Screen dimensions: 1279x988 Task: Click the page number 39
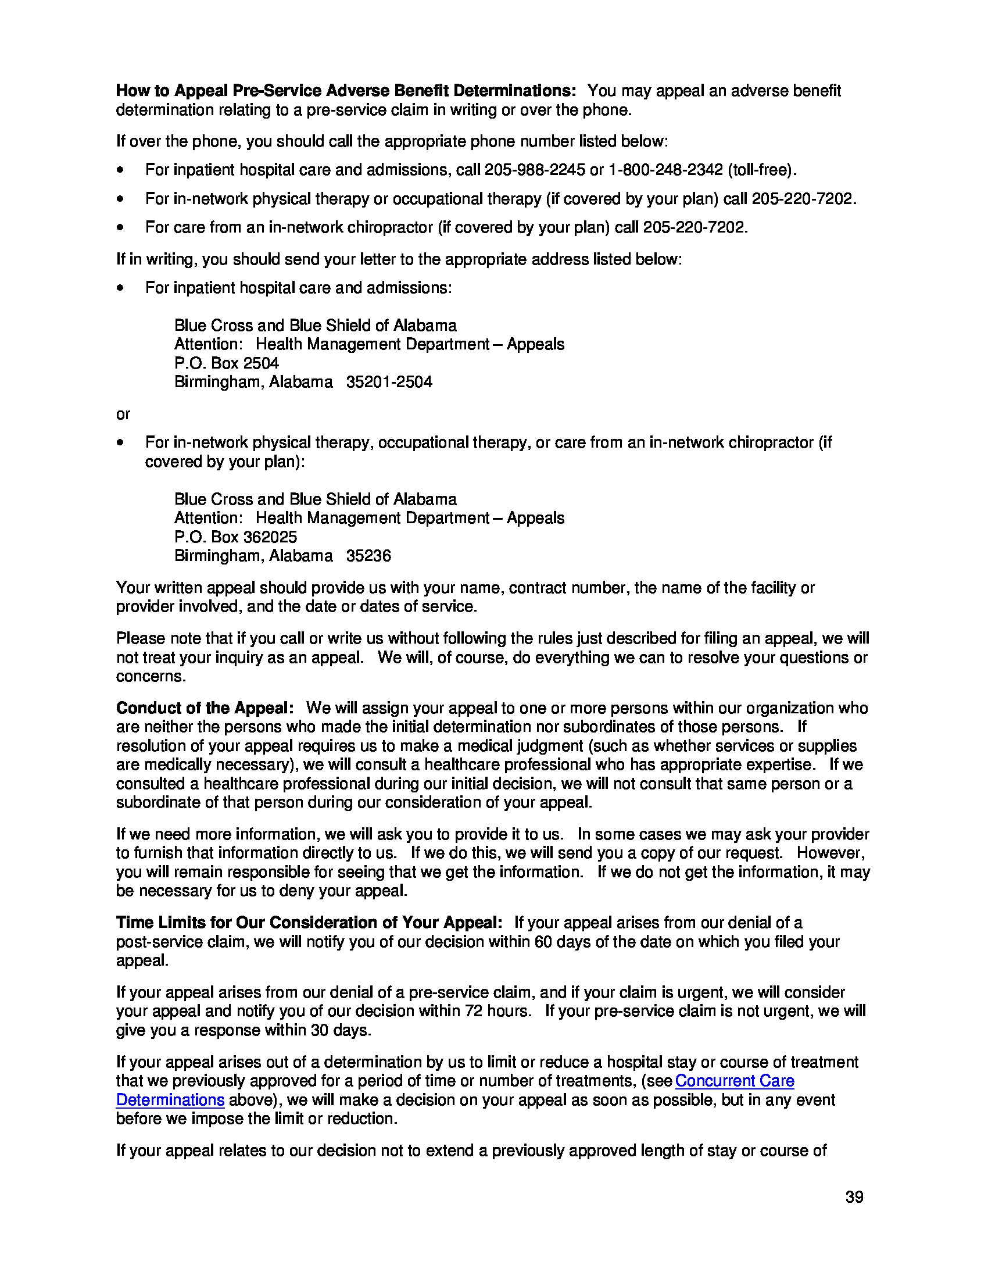pyautogui.click(x=854, y=1197)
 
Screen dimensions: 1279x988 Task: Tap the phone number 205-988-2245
pyautogui.click(x=534, y=170)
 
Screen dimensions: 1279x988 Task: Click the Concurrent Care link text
pyautogui.click(x=735, y=1081)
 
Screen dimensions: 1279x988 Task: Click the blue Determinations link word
pyautogui.click(x=170, y=1100)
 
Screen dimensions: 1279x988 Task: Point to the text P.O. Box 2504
pyautogui.click(x=227, y=363)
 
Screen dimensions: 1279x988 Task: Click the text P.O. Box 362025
pyautogui.click(x=235, y=537)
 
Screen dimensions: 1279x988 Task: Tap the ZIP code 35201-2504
pyautogui.click(x=389, y=382)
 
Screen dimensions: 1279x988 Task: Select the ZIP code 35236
pyautogui.click(x=368, y=556)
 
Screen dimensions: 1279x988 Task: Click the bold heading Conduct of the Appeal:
pyautogui.click(x=205, y=708)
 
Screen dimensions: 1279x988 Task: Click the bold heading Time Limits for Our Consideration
pyautogui.click(x=309, y=923)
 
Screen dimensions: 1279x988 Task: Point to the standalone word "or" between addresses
pyautogui.click(x=123, y=414)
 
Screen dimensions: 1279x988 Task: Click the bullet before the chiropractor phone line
pyautogui.click(x=120, y=227)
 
